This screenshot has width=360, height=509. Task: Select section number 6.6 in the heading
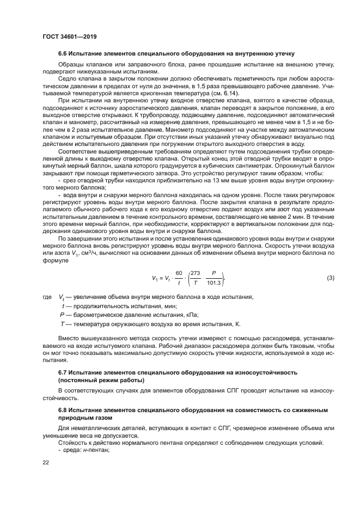63,54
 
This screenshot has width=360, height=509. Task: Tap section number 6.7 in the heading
63,372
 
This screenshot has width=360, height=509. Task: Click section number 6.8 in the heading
63,409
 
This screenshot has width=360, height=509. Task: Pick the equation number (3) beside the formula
331,278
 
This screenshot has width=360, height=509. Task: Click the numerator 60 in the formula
178,273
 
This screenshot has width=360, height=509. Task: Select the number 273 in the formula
196,273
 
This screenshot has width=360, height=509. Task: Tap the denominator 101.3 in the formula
214,283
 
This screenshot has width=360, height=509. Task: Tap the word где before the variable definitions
46,297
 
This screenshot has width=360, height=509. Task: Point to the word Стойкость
72,443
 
